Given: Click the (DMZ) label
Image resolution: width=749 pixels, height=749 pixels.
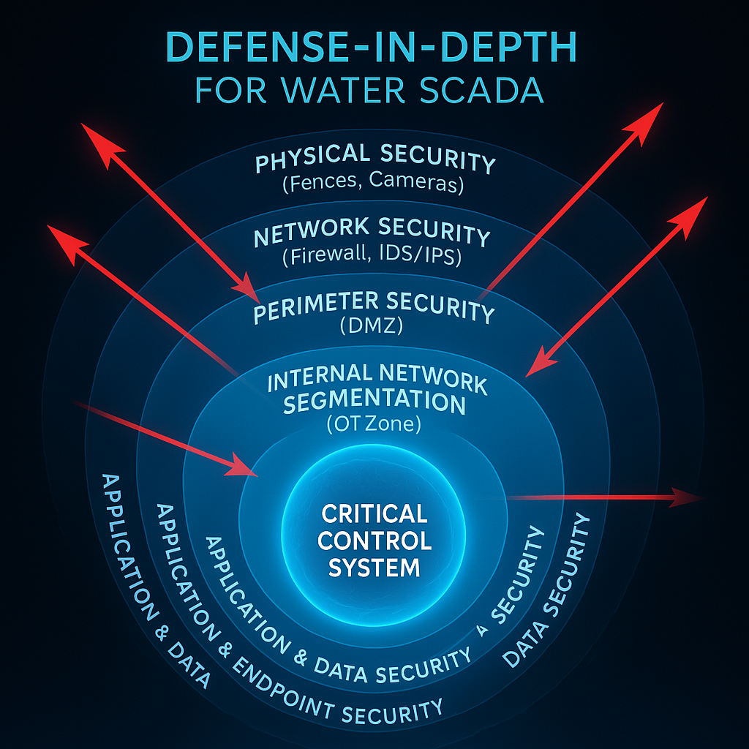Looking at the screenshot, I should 372,327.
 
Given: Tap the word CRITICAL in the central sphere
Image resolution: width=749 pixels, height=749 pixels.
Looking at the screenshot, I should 374,513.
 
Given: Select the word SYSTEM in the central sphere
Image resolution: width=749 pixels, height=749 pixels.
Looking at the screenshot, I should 374,567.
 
